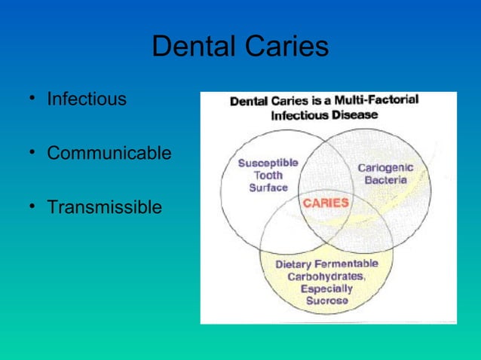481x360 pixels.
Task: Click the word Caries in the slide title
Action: pyautogui.click(x=288, y=47)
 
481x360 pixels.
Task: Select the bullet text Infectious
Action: pyautogui.click(x=87, y=99)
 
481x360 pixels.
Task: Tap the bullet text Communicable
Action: pyautogui.click(x=109, y=153)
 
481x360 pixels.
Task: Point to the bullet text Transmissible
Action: pyautogui.click(x=104, y=206)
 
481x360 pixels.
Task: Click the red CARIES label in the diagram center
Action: pyautogui.click(x=326, y=203)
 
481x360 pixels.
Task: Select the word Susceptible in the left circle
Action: pyautogui.click(x=268, y=163)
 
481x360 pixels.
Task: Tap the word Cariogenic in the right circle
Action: pyautogui.click(x=384, y=168)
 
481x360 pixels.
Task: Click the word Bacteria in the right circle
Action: pyautogui.click(x=385, y=181)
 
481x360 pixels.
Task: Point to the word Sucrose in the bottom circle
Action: pyautogui.click(x=326, y=301)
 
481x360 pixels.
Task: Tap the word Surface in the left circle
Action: pyautogui.click(x=268, y=188)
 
